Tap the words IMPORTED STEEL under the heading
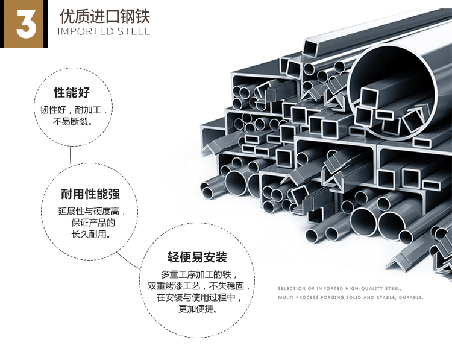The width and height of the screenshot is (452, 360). pos(103,31)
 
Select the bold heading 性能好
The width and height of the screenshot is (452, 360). pos(72,93)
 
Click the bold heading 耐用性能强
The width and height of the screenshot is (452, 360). pos(90,194)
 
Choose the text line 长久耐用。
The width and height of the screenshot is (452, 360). pos(91,234)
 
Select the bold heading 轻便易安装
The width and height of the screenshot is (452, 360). pos(198,257)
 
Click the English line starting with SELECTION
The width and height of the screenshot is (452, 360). pos(339,289)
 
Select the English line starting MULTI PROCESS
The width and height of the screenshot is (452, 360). pos(351,298)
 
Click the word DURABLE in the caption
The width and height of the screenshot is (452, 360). pos(412,298)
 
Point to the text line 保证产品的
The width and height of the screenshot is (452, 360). pos(93,223)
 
